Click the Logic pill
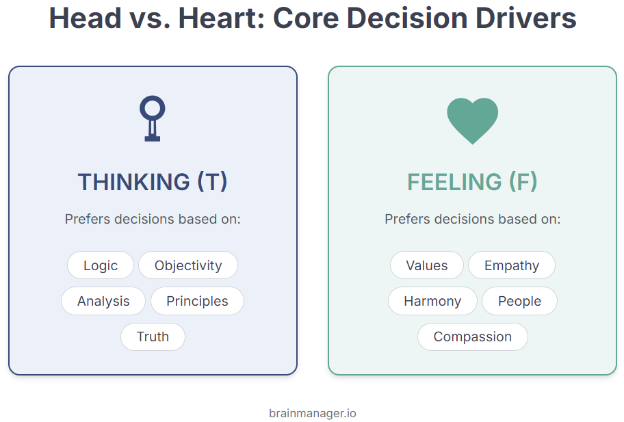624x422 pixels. pos(101,265)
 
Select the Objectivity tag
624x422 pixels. pos(188,265)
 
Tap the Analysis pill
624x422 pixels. pos(103,301)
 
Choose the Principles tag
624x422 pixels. pos(197,301)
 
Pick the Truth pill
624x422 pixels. pos(153,337)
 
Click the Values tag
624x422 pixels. pos(427,265)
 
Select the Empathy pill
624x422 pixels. pos(512,265)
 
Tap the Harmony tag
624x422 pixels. pos(432,301)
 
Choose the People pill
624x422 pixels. pos(520,301)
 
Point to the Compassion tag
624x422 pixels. pos(473,337)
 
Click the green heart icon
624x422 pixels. pos(472,120)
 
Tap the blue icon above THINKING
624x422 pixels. pos(153,118)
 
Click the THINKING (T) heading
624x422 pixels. pos(153,182)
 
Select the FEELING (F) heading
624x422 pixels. pos(472,182)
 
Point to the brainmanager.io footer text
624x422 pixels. pos(313,413)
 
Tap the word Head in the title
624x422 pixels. pos(85,18)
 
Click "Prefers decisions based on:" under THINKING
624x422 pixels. pos(153,219)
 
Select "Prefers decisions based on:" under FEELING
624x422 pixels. pos(472,219)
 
